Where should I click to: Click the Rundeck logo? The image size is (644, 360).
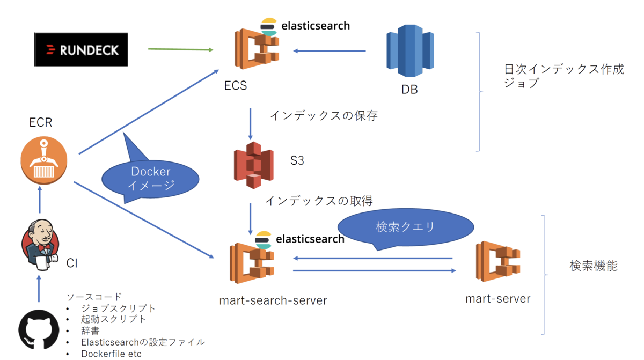(81, 50)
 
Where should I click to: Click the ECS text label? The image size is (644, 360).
(236, 85)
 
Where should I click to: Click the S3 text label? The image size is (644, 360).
(297, 160)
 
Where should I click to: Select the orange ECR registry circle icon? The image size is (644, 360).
(45, 159)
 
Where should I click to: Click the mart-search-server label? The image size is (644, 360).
(273, 300)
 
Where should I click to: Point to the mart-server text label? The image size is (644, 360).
(497, 299)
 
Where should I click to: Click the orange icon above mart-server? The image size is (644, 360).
(498, 261)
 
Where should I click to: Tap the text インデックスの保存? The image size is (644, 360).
(323, 115)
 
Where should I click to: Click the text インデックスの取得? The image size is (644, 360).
(319, 201)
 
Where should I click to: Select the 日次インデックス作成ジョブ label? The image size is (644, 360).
(563, 76)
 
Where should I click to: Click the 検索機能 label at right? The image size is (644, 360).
(593, 266)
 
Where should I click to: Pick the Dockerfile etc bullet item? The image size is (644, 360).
(111, 354)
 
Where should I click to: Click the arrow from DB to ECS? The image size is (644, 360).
(329, 52)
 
